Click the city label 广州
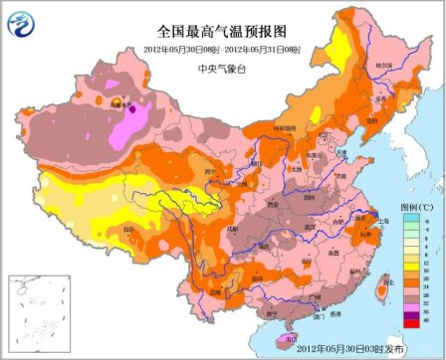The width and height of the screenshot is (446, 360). click(x=316, y=296)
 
